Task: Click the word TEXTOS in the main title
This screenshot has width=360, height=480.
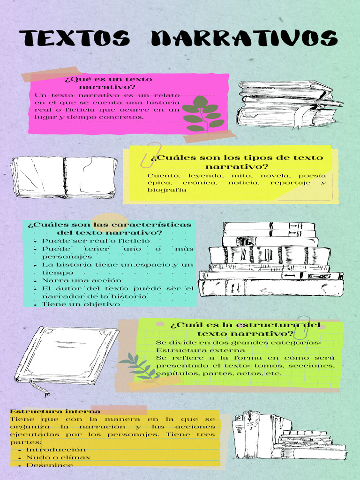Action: [x=75, y=38]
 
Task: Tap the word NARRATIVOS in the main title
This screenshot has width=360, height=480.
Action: [x=244, y=38]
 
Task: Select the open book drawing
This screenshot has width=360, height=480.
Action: [x=64, y=177]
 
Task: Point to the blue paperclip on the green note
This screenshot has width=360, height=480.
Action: [x=302, y=327]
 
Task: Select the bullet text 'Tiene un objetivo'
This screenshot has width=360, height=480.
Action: [x=81, y=304]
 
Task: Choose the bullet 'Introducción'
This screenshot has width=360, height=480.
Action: [x=56, y=450]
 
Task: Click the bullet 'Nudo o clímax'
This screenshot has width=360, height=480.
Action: [x=59, y=457]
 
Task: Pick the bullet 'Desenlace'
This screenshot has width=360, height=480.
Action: [x=50, y=465]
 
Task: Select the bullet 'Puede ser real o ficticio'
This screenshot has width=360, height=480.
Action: [x=82, y=240]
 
